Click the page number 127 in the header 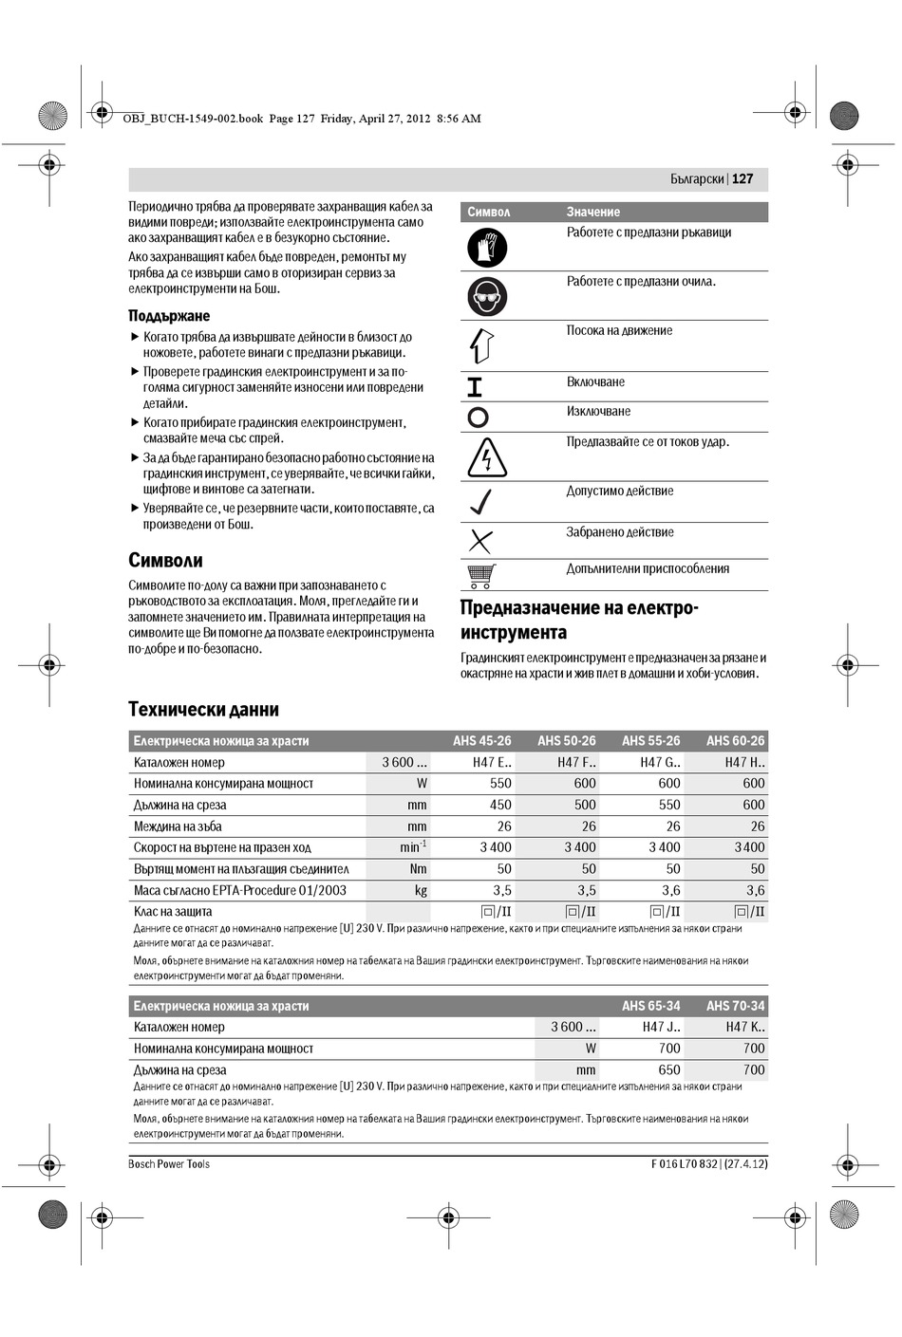[742, 178]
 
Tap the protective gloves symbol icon [487, 248]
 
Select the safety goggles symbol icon [487, 296]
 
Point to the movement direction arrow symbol [481, 345]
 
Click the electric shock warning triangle [487, 457]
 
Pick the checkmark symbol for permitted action [481, 502]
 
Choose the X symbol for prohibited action [481, 541]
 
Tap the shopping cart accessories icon [481, 575]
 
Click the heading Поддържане [169, 316]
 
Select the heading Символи [165, 560]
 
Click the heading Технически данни [203, 709]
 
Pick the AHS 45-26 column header [481, 741]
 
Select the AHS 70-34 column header [735, 1006]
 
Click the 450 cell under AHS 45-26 [500, 805]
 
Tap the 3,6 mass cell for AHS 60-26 [755, 890]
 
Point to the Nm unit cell [418, 869]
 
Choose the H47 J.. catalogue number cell [661, 1027]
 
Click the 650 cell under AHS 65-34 [669, 1069]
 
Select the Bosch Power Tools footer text [169, 1164]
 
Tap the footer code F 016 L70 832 [684, 1164]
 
